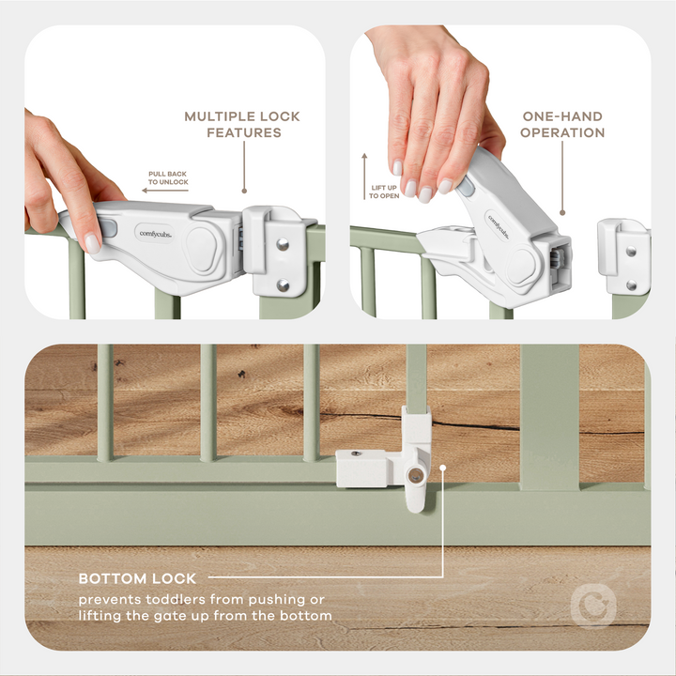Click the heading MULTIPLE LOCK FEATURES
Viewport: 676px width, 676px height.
(242, 124)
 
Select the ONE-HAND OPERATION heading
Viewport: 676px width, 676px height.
(562, 124)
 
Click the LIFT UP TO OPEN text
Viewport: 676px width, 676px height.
(384, 191)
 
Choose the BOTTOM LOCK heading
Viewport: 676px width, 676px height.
(136, 578)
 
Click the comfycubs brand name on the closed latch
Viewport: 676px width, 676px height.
(154, 232)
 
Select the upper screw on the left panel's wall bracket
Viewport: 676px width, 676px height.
(283, 244)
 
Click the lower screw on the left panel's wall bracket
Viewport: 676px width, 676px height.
(283, 285)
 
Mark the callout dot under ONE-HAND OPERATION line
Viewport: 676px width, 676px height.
(562, 213)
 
